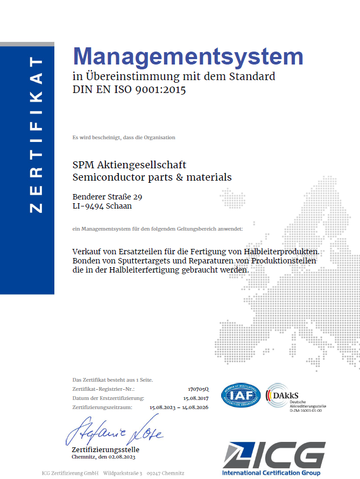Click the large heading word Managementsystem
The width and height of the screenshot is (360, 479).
click(x=188, y=56)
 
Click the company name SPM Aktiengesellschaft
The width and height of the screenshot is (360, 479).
click(x=129, y=165)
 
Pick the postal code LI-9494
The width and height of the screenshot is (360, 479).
click(x=88, y=205)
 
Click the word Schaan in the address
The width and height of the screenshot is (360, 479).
click(x=119, y=205)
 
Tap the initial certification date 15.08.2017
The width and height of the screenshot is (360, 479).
click(x=196, y=398)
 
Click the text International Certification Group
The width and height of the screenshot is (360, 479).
click(x=271, y=473)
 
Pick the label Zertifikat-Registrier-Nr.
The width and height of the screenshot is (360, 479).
click(x=103, y=389)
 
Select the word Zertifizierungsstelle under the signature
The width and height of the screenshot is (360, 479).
click(x=105, y=449)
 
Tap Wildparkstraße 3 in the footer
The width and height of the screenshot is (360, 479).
click(x=123, y=473)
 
